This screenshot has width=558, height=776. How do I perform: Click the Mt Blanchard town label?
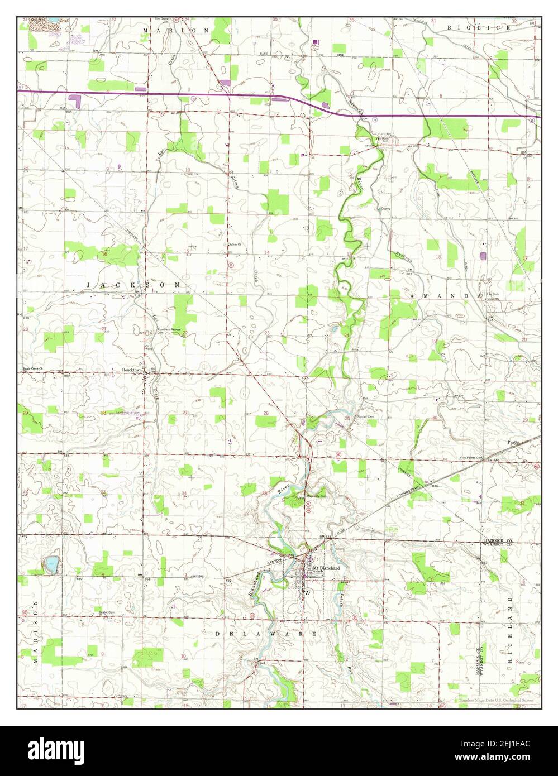(326, 568)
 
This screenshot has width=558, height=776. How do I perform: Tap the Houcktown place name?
(133, 370)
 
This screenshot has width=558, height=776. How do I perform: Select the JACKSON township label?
(133, 285)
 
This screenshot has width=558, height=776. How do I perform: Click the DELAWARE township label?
(266, 634)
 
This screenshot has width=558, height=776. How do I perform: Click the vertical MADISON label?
(34, 631)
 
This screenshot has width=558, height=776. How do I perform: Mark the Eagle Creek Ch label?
(34, 368)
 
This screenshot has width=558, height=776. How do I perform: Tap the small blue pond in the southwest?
(51, 564)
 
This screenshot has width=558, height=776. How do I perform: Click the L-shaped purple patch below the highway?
(75, 100)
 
